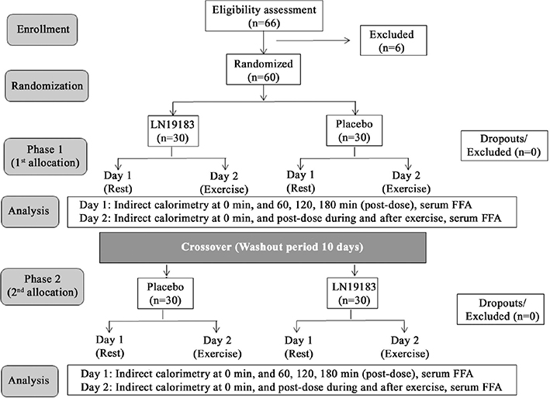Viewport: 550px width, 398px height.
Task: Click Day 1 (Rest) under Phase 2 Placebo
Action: click(116, 345)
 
